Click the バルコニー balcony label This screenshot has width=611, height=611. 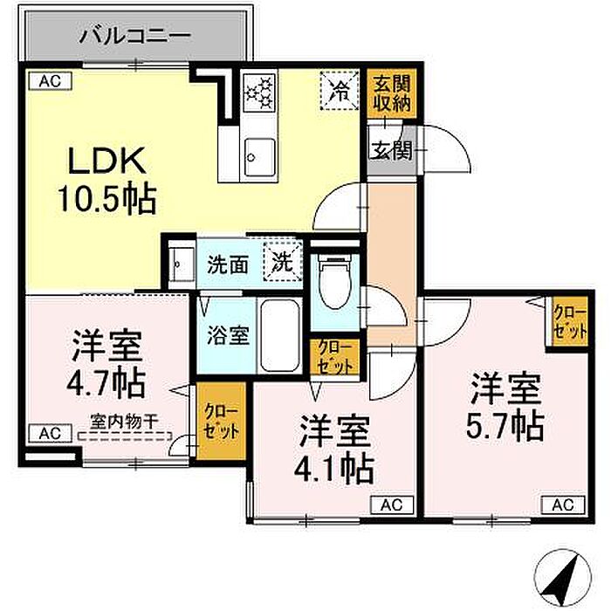[135, 36]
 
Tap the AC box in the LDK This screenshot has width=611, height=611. [51, 81]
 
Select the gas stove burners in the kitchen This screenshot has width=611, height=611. [258, 92]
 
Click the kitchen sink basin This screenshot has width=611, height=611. [258, 157]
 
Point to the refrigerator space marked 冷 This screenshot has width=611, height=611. [339, 91]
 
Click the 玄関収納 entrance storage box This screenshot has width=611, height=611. [392, 93]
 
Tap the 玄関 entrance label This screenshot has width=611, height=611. [390, 150]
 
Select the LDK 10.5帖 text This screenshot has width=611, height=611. [107, 180]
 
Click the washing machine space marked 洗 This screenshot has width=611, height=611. [283, 261]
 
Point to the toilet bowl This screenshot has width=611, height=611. [334, 280]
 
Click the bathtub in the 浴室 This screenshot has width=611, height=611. [280, 335]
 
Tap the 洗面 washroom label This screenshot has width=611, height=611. [228, 265]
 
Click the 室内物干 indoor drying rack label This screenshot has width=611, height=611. [124, 422]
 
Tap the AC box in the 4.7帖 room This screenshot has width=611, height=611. [51, 433]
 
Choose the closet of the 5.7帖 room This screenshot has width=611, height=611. [570, 322]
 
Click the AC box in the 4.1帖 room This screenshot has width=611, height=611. [392, 505]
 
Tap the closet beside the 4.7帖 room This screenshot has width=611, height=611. [221, 421]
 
